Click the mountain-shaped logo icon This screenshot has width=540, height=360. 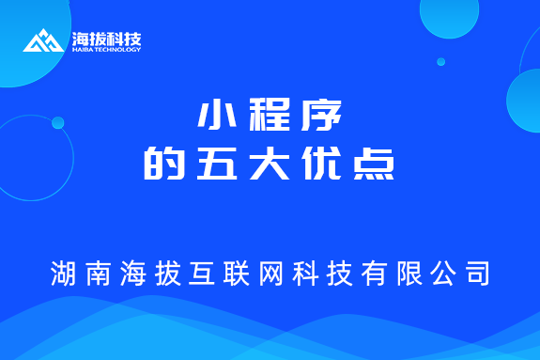pyautogui.click(x=43, y=41)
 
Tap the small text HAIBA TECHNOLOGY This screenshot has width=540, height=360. pyautogui.click(x=106, y=50)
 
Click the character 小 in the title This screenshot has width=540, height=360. pyautogui.click(x=214, y=117)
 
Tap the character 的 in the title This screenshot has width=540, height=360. pyautogui.click(x=161, y=164)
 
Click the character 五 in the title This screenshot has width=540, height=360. pyautogui.click(x=214, y=164)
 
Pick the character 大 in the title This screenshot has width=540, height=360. pyautogui.click(x=270, y=164)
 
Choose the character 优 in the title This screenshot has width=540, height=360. pyautogui.click(x=324, y=164)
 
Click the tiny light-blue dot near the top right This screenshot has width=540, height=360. pyautogui.click(x=440, y=62)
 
